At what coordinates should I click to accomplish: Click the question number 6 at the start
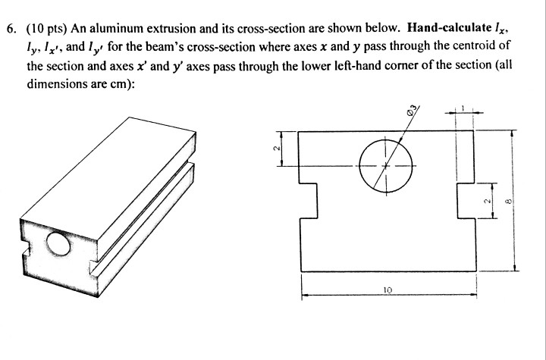pos(10,30)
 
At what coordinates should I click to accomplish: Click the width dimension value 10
pos(388,289)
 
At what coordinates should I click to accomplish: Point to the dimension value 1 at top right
pos(463,109)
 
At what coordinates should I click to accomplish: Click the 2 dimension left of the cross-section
pos(277,149)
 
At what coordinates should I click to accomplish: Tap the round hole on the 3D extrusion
pos(59,244)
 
